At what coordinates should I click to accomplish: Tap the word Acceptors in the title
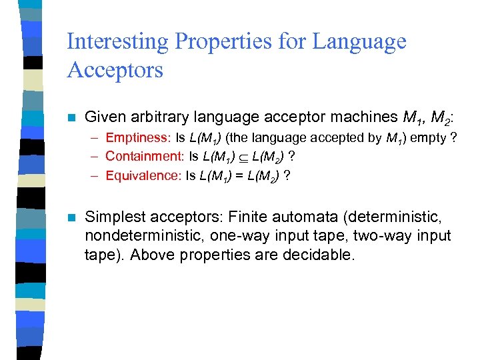[x=115, y=69]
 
